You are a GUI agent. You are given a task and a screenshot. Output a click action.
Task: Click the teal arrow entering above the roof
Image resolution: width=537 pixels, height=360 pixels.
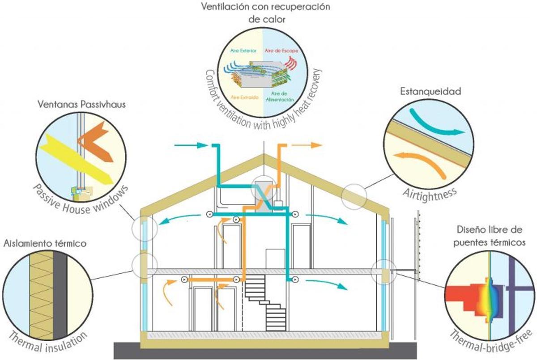(x=190, y=145)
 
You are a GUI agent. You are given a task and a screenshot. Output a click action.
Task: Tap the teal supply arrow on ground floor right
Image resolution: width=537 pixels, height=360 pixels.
(x=327, y=284)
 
